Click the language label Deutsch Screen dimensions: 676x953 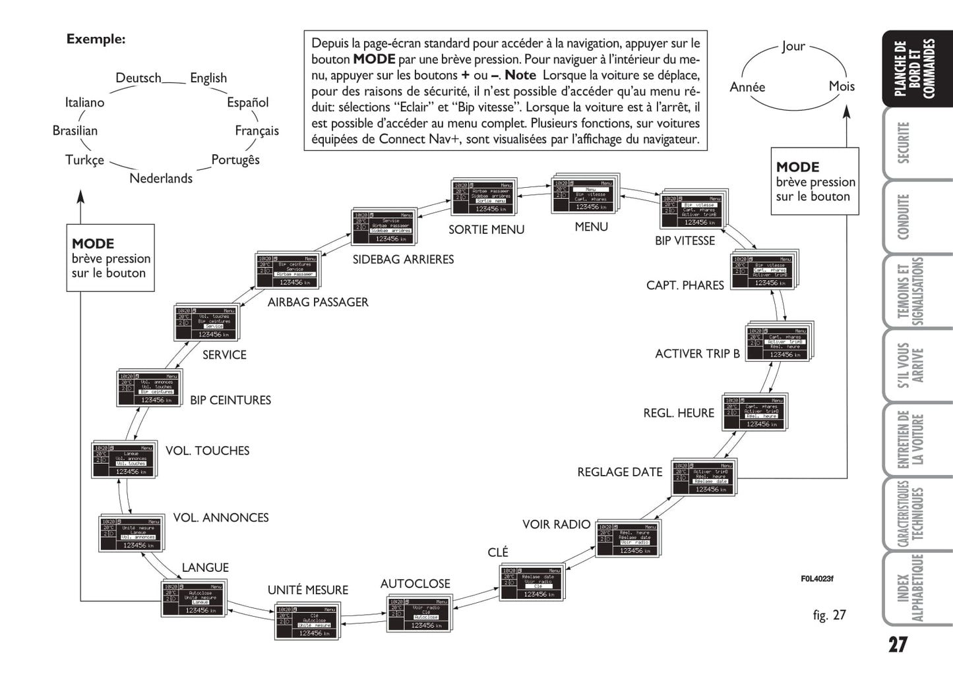coord(138,78)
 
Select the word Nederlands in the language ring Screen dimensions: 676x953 coord(161,178)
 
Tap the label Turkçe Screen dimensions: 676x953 coord(84,160)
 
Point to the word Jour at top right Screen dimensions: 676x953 coord(793,46)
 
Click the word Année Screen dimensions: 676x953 coord(747,87)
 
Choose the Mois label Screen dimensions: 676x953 coord(842,86)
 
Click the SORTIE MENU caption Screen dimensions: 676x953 coord(486,229)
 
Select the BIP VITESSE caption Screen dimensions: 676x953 coord(685,240)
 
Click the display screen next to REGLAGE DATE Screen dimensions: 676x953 coord(703,478)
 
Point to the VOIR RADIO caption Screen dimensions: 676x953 coord(556,524)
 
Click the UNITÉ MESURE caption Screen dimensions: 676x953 coord(307,590)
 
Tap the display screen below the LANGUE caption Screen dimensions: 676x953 coord(194,598)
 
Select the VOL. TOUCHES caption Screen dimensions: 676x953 coord(207,451)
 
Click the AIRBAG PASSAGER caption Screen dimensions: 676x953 coord(318,302)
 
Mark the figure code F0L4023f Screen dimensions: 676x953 coord(817,578)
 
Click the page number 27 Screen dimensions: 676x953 coord(898,644)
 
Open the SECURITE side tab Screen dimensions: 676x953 coord(903,142)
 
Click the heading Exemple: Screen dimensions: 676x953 coord(96,39)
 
